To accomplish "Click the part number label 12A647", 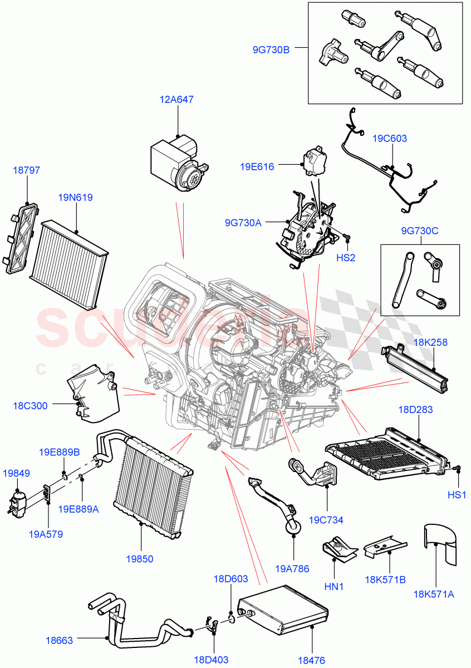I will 177,100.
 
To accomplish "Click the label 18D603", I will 230,579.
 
